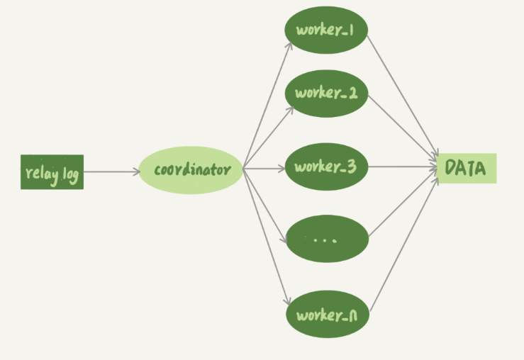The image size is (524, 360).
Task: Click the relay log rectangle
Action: point(52,172)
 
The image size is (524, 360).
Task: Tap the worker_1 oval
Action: point(326,31)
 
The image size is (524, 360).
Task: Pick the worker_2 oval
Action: point(326,93)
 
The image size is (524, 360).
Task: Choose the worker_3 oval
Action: point(326,168)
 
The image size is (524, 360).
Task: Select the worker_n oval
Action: point(326,313)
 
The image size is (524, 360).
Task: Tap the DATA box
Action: point(466,169)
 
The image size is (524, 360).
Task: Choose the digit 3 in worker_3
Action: point(352,168)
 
